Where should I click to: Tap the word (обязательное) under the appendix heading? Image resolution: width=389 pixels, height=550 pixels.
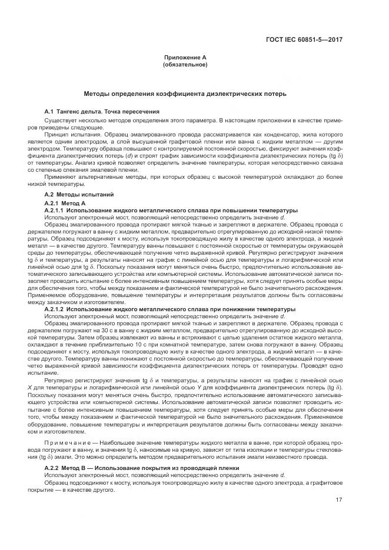tap(185, 64)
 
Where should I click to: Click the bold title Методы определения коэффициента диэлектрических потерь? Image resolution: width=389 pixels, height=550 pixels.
tap(185, 94)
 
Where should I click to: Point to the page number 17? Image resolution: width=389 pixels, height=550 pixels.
tap(339, 500)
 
